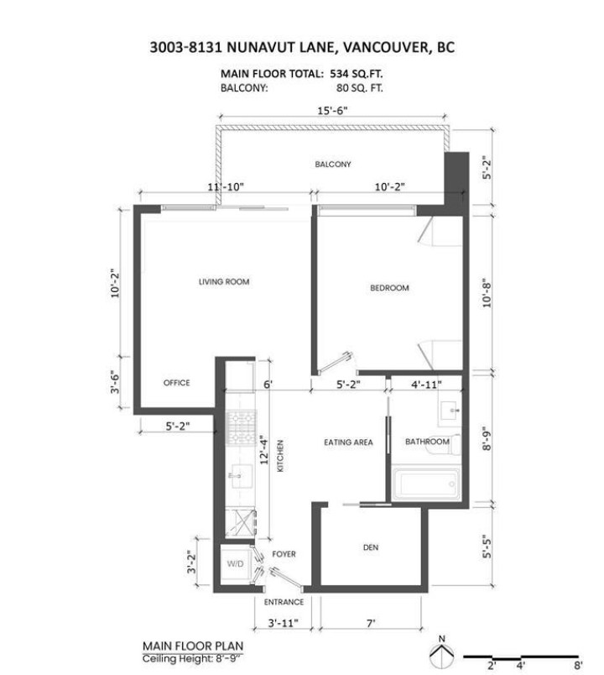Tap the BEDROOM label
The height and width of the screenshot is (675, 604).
click(389, 288)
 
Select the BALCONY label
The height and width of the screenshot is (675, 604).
click(332, 164)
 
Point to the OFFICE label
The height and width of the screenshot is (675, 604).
click(176, 383)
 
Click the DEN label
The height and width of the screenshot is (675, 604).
click(371, 547)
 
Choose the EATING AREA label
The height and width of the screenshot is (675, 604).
click(348, 442)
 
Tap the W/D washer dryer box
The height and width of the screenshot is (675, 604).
click(234, 563)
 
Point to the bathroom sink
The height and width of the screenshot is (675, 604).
click(451, 412)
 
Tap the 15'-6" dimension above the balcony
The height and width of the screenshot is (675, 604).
click(331, 110)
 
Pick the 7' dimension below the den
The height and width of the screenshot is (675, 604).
click(370, 624)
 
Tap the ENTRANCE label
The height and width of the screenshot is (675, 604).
click(284, 602)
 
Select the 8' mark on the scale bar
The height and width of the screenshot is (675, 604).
click(577, 664)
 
